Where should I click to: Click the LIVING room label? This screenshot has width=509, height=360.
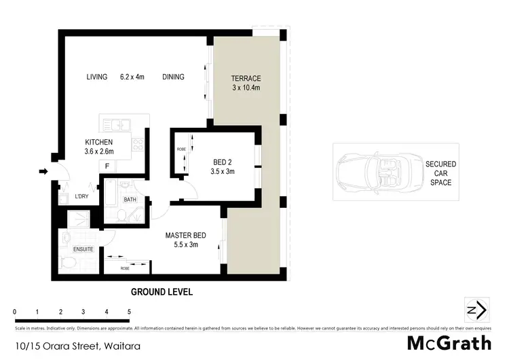point(96,77)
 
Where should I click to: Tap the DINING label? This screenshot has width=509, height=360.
point(173,77)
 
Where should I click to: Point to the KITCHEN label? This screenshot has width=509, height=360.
point(98,141)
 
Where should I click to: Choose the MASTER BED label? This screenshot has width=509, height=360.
point(185,236)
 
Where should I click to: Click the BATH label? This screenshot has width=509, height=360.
point(130,199)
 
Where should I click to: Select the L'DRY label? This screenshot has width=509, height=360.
point(81,197)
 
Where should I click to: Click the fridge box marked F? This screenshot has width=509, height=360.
point(107,166)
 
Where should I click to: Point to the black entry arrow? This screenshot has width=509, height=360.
point(43,172)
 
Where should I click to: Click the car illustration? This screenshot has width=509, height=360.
point(373,172)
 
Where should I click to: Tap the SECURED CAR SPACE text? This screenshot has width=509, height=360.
point(440,173)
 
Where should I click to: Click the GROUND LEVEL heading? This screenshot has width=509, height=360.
point(162,292)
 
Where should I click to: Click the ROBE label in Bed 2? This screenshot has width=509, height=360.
point(181,149)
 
